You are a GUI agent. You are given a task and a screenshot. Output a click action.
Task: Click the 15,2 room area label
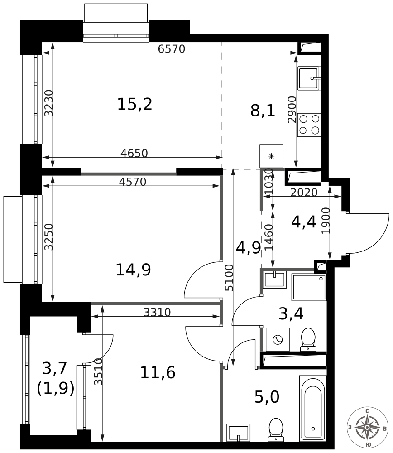tap(134, 104)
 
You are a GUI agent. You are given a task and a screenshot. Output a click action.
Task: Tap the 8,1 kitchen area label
tap(263, 111)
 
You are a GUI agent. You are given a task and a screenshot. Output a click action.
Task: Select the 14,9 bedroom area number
tap(133, 270)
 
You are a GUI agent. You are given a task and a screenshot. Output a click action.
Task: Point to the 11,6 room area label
tap(158, 372)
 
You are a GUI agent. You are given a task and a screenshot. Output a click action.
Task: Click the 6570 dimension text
tap(172, 49)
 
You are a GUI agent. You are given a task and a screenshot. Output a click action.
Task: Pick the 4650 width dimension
tap(134, 153)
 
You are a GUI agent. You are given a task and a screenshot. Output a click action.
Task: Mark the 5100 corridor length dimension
tap(229, 277)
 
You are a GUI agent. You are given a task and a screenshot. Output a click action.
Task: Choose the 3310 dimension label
tap(158, 312)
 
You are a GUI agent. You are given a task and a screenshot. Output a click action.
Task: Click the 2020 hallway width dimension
tap(304, 192)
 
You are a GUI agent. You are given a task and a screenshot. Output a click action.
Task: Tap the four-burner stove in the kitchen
tap(309, 125)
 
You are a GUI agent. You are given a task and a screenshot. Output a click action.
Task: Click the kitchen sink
tap(309, 78)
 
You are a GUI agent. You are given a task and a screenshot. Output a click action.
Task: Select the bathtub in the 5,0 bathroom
tap(313, 409)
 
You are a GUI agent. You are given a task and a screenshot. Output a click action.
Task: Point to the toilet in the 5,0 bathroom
tap(276, 430)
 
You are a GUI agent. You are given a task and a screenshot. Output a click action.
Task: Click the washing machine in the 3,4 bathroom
tap(278, 339)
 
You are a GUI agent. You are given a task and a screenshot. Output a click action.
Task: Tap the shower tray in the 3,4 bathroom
tap(309, 287)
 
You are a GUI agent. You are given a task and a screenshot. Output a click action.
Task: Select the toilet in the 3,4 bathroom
tap(308, 339)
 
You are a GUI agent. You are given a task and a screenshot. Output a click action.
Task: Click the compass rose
tap(367, 427)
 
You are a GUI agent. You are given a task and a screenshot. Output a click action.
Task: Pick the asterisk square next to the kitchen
tap(272, 156)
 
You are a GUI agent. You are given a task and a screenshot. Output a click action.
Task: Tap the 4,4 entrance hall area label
tap(304, 222)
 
